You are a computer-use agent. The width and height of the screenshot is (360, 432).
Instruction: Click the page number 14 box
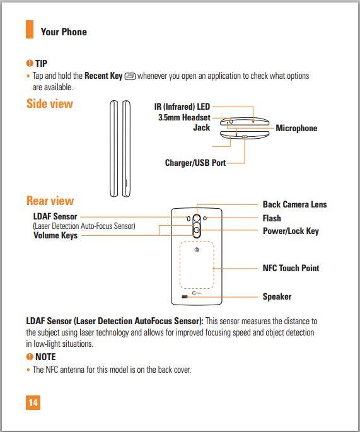coord(33,402)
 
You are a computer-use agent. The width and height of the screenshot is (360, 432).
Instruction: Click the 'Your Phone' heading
coord(64,32)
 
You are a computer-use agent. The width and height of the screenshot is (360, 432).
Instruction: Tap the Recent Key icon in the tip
coord(130,76)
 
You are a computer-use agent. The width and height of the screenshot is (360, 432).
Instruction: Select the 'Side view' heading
coord(50,103)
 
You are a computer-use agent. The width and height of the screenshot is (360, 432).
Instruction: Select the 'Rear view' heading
coord(50,201)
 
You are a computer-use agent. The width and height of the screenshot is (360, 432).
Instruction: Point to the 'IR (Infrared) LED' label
coord(182,107)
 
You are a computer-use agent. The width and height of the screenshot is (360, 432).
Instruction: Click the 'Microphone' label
coord(296,128)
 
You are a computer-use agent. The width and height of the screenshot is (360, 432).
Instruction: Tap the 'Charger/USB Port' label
coord(195,163)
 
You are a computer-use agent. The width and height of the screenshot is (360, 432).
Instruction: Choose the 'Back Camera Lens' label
coord(294,204)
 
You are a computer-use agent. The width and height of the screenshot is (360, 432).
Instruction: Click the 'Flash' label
coord(272,218)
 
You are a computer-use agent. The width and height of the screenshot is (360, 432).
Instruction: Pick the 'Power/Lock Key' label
coord(291,231)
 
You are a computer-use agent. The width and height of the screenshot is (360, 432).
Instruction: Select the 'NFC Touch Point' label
coord(291,268)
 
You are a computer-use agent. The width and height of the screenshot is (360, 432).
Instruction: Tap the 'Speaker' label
coord(277,296)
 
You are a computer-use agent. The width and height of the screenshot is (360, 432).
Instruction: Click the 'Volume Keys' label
coord(55,236)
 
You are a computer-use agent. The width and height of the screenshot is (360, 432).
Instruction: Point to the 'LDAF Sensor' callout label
coord(55,216)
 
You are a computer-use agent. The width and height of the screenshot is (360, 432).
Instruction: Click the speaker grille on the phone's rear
coord(185,297)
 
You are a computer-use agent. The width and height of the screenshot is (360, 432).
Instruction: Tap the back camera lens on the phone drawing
coord(196,218)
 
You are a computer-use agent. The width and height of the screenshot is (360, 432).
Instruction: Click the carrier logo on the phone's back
coord(196,250)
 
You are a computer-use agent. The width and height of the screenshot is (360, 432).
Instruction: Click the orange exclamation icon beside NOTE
coord(30,357)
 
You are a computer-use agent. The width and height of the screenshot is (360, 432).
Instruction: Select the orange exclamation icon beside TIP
coord(30,63)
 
